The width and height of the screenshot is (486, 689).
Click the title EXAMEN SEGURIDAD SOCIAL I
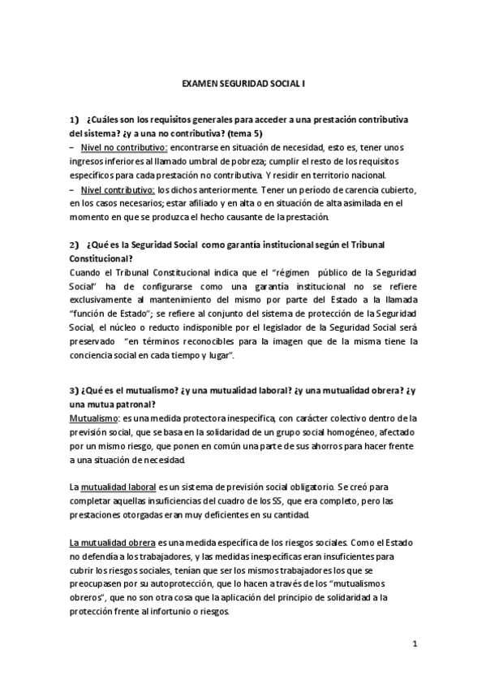click(243, 82)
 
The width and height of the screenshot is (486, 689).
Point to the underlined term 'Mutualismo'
click(93, 416)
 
